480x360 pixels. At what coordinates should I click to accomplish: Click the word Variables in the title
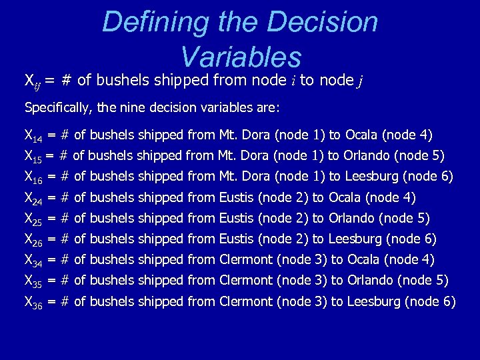tap(241, 57)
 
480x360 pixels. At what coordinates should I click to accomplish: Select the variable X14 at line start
tap(33, 137)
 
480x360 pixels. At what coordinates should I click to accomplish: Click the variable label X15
tap(33, 157)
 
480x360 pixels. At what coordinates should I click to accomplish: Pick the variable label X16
tap(33, 177)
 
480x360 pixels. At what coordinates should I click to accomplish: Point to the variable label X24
tap(33, 198)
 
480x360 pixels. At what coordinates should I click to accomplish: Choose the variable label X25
tap(33, 219)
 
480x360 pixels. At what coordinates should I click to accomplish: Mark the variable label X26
tap(33, 239)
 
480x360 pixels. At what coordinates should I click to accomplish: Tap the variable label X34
tap(33, 260)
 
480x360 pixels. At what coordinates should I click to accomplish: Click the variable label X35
tap(33, 281)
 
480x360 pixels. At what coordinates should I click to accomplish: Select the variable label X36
tap(33, 303)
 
